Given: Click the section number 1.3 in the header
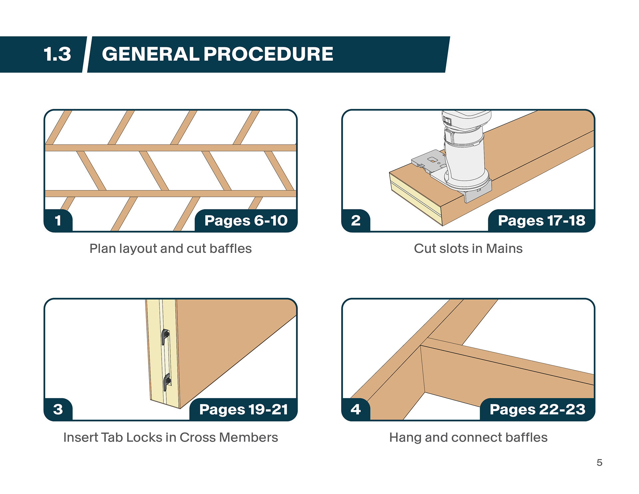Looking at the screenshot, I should [x=57, y=54].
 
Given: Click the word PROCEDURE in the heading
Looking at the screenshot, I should [x=268, y=54].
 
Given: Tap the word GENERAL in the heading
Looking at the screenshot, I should [x=150, y=54].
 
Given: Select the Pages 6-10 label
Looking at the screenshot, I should [x=246, y=220].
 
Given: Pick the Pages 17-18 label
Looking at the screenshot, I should [x=541, y=220].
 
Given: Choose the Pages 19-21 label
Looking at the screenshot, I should [x=244, y=409].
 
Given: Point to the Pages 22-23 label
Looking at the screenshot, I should [x=537, y=409].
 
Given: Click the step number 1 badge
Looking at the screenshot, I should [x=58, y=220].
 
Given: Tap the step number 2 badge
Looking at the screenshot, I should [x=356, y=220].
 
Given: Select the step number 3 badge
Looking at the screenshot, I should [x=58, y=409].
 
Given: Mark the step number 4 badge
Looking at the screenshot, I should [x=356, y=409].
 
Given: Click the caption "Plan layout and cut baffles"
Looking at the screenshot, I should [x=170, y=249].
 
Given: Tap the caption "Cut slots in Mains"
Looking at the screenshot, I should [x=468, y=249].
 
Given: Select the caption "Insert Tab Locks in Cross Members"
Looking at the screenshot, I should [x=170, y=437].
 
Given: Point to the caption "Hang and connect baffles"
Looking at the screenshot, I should [x=468, y=437].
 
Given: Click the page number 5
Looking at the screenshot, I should [x=599, y=463].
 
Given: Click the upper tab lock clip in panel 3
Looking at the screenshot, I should [x=165, y=337].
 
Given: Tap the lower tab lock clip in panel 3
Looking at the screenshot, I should [x=167, y=381].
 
